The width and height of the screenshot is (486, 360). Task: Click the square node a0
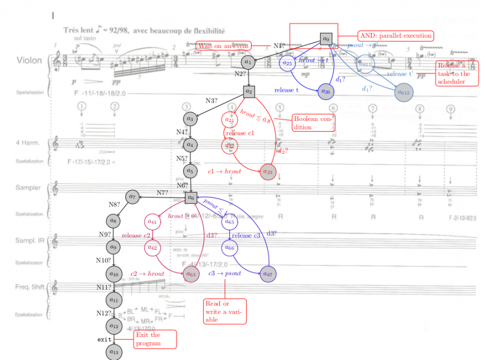pos(326,39)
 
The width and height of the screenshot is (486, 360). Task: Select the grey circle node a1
pos(248,62)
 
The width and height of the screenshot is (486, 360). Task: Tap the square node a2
pos(248,91)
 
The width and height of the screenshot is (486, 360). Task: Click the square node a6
pos(191,198)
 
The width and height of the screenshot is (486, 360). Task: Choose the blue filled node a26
pos(326,91)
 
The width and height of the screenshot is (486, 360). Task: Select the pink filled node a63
pos(191,274)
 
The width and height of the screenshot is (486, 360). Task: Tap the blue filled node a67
pos(267,274)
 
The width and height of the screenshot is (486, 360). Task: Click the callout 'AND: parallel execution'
pos(395,36)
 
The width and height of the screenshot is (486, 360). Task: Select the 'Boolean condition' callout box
pos(310,123)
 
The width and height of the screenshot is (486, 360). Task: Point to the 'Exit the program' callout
pos(155,339)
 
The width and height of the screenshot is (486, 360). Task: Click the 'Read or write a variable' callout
pos(224,311)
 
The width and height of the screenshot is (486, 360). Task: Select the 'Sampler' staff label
pos(28,188)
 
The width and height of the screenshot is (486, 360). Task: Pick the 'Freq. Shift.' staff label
pos(31,287)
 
